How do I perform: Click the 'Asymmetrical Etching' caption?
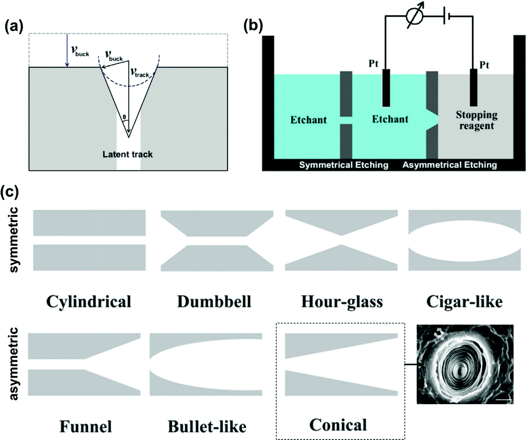pos(449,165)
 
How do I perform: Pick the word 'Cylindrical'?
pos(90,301)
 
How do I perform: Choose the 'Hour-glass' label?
pos(341,301)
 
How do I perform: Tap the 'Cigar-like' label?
pos(463,301)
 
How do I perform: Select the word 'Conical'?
pos(337,424)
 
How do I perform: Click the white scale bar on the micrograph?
pos(505,401)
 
